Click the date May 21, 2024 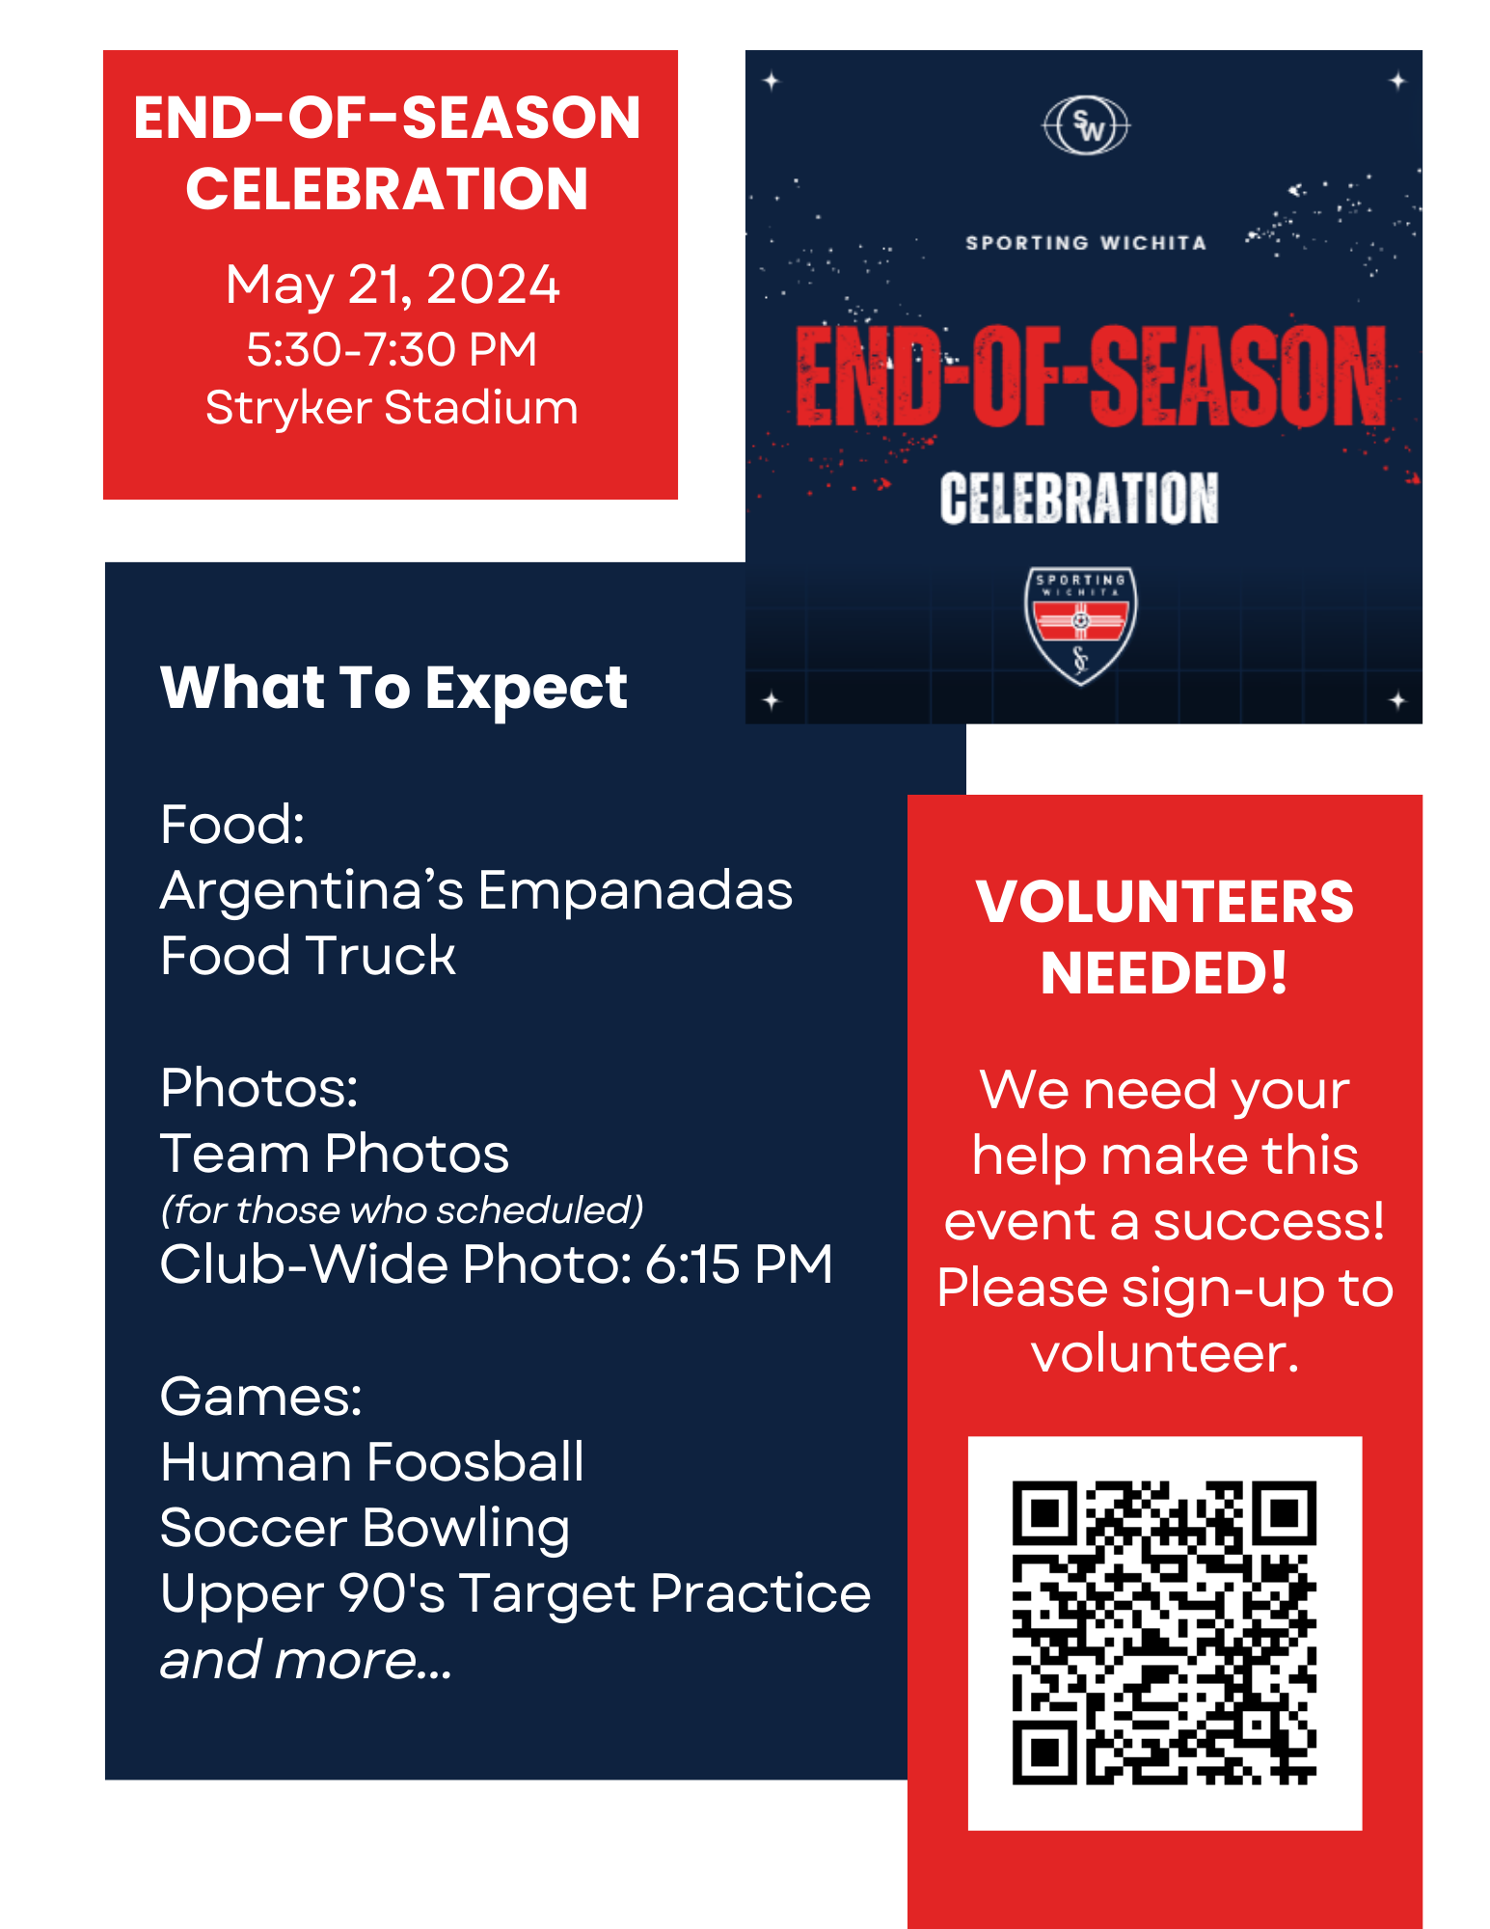pos(392,285)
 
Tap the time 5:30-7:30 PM pos(392,349)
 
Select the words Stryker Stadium pos(392,407)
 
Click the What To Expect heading pos(393,688)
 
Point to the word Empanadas pos(635,890)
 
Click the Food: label pos(232,825)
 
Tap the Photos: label pos(258,1088)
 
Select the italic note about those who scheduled pos(401,1209)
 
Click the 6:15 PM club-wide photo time pos(738,1263)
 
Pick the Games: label pos(260,1396)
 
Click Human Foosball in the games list pos(371,1461)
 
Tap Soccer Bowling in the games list pos(365,1528)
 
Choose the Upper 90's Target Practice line pos(515,1593)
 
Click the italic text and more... pos(305,1660)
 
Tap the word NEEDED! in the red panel pos(1164,972)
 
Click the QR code pos(1164,1632)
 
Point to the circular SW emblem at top pos(1086,125)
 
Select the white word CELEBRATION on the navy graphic pos(1079,498)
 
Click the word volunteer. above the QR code pos(1164,1353)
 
